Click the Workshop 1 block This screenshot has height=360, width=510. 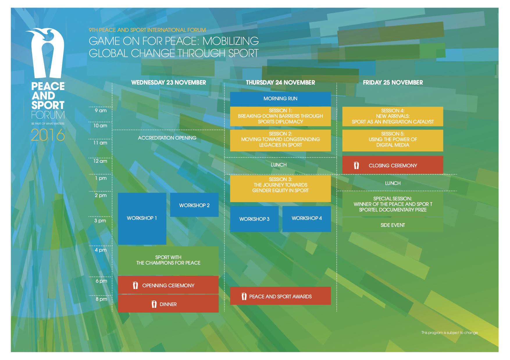coord(142,218)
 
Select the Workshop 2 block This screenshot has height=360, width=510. coord(194,205)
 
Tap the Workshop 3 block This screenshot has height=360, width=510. coord(254,219)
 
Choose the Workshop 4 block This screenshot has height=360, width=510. coord(306,218)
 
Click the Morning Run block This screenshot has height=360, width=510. coord(280,99)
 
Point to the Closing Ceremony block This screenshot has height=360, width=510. coord(393,165)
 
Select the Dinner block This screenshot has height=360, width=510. coord(168,304)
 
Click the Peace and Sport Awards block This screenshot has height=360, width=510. coord(280,296)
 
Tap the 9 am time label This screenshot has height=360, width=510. coord(101,111)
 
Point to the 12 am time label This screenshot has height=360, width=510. coord(100,161)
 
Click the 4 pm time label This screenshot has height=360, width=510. coord(101,250)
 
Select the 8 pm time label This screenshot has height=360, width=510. coord(101,299)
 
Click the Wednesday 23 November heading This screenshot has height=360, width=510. coord(169,83)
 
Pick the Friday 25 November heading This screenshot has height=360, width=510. coord(393,83)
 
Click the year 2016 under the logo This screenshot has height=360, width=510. coord(48,135)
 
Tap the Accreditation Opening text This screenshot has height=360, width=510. coord(167,138)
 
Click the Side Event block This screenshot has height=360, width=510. coord(393,225)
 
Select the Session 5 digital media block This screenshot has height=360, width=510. coord(393,140)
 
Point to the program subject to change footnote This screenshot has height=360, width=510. coord(449,333)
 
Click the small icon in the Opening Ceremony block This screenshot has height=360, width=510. coord(135,285)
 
